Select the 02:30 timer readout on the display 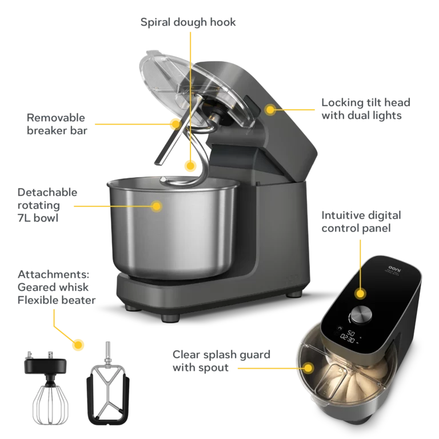click(x=348, y=338)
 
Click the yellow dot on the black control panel click(x=360, y=293)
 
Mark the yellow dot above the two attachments click(x=79, y=345)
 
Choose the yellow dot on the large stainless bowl click(x=156, y=205)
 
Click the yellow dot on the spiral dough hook click(x=190, y=166)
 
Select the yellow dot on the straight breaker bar click(x=175, y=122)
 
